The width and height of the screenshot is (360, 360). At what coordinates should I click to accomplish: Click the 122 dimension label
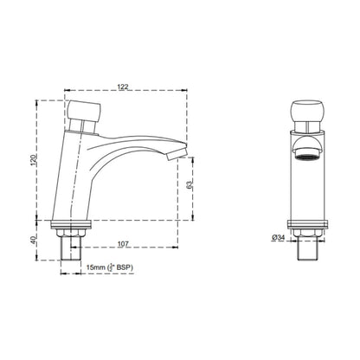click(x=123, y=87)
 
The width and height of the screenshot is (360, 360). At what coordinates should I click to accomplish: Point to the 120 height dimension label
click(x=34, y=160)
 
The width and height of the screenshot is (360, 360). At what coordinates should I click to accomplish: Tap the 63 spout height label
click(x=190, y=184)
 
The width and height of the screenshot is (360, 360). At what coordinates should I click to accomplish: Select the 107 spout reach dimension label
click(x=123, y=244)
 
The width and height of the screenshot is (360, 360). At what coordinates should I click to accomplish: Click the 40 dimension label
click(x=34, y=240)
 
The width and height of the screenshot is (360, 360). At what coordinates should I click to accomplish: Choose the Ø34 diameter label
click(x=279, y=237)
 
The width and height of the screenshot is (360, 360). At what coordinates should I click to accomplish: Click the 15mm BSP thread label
click(x=110, y=267)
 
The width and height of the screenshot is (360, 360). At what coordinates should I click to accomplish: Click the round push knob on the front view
click(x=307, y=111)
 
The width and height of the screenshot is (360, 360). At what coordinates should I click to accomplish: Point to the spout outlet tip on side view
click(x=177, y=154)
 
